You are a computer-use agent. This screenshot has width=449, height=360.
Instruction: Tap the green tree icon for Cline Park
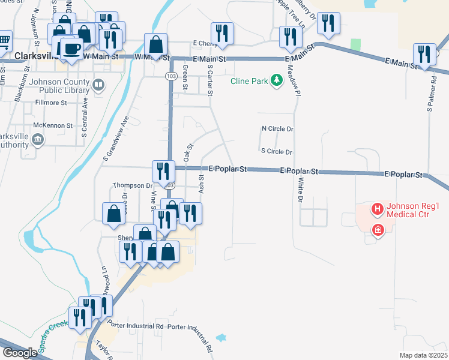(277, 80)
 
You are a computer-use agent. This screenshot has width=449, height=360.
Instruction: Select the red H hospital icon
(378, 209)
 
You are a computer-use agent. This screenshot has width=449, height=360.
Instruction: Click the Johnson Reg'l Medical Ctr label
(413, 209)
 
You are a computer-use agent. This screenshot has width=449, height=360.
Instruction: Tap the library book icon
(98, 85)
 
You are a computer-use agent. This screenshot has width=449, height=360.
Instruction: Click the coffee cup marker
(71, 48)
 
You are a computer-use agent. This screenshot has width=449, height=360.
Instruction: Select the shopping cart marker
(4, 41)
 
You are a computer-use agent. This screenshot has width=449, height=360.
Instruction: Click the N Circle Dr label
(277, 129)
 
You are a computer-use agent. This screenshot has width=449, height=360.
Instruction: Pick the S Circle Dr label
(276, 152)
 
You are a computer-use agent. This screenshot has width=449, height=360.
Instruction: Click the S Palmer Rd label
(430, 93)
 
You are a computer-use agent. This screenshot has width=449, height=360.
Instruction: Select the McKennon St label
(53, 126)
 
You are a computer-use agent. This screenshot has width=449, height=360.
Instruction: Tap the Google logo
(19, 353)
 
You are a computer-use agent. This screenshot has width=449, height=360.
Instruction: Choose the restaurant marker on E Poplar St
(163, 172)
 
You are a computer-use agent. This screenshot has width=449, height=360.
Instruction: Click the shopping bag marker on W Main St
(156, 46)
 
